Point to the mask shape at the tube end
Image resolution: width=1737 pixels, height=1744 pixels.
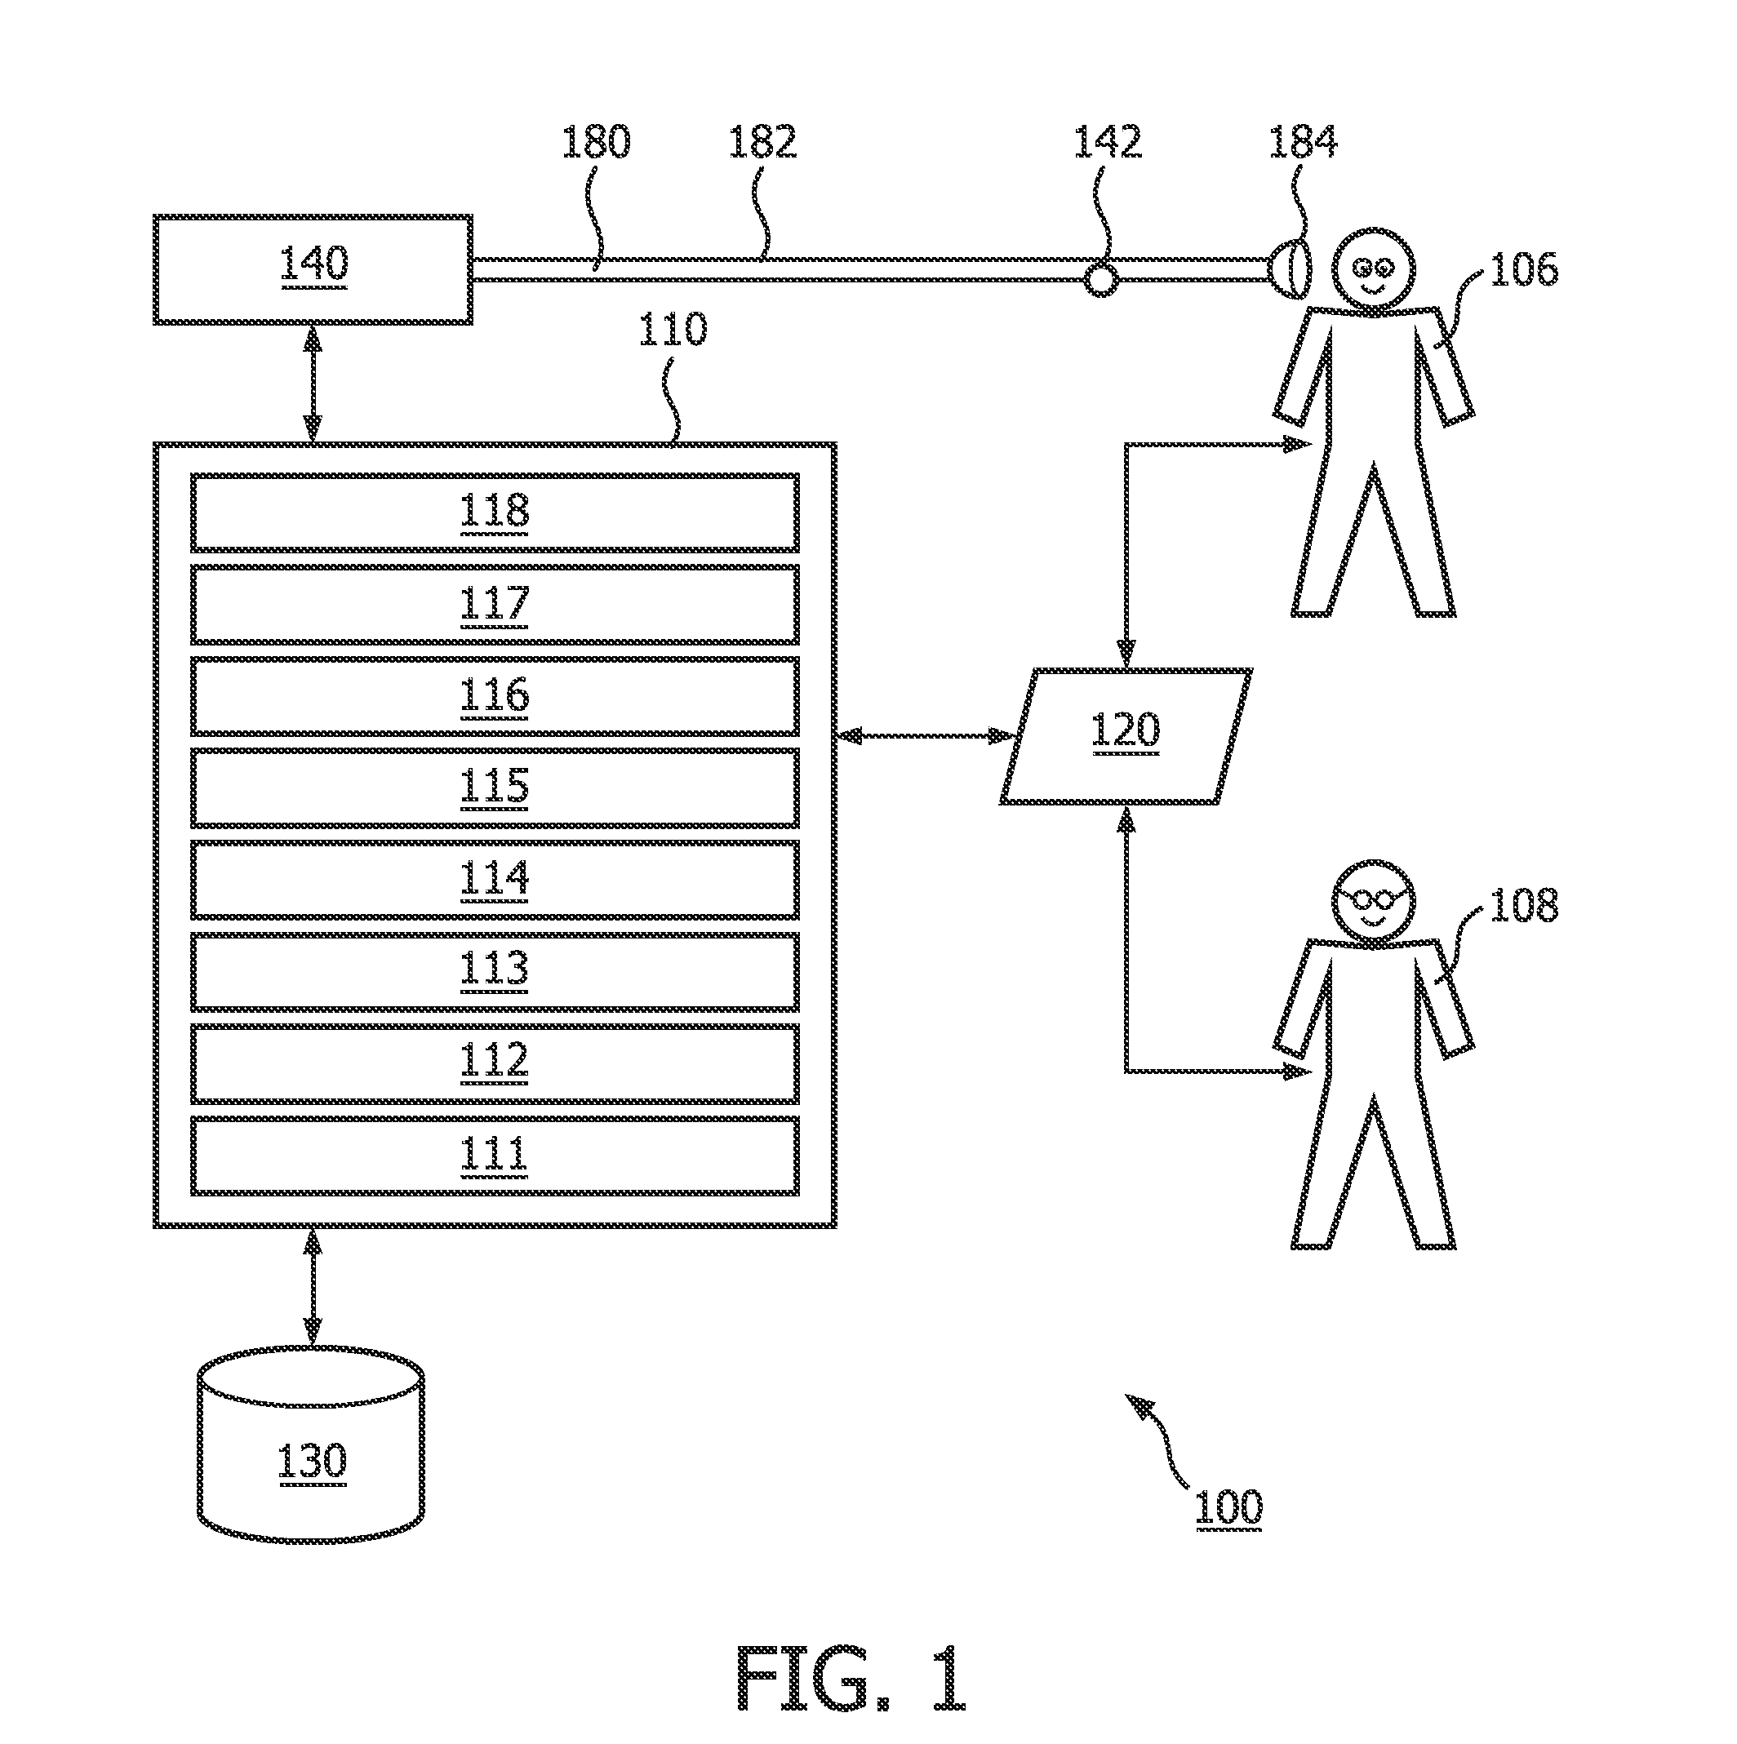(x=1287, y=268)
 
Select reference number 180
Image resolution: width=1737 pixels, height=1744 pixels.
(x=596, y=142)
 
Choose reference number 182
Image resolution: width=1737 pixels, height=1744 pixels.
(x=763, y=142)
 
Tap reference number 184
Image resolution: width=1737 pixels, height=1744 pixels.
(x=1303, y=142)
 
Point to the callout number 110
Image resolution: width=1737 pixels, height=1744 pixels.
(x=673, y=330)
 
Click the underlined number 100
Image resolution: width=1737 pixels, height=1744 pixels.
(x=1228, y=1507)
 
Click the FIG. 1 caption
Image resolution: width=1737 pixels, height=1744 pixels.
(x=851, y=1677)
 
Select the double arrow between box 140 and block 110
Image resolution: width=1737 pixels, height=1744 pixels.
(x=313, y=384)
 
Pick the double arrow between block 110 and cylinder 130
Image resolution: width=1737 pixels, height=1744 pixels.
(x=313, y=1286)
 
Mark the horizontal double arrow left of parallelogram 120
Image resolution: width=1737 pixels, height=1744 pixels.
(x=926, y=735)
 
